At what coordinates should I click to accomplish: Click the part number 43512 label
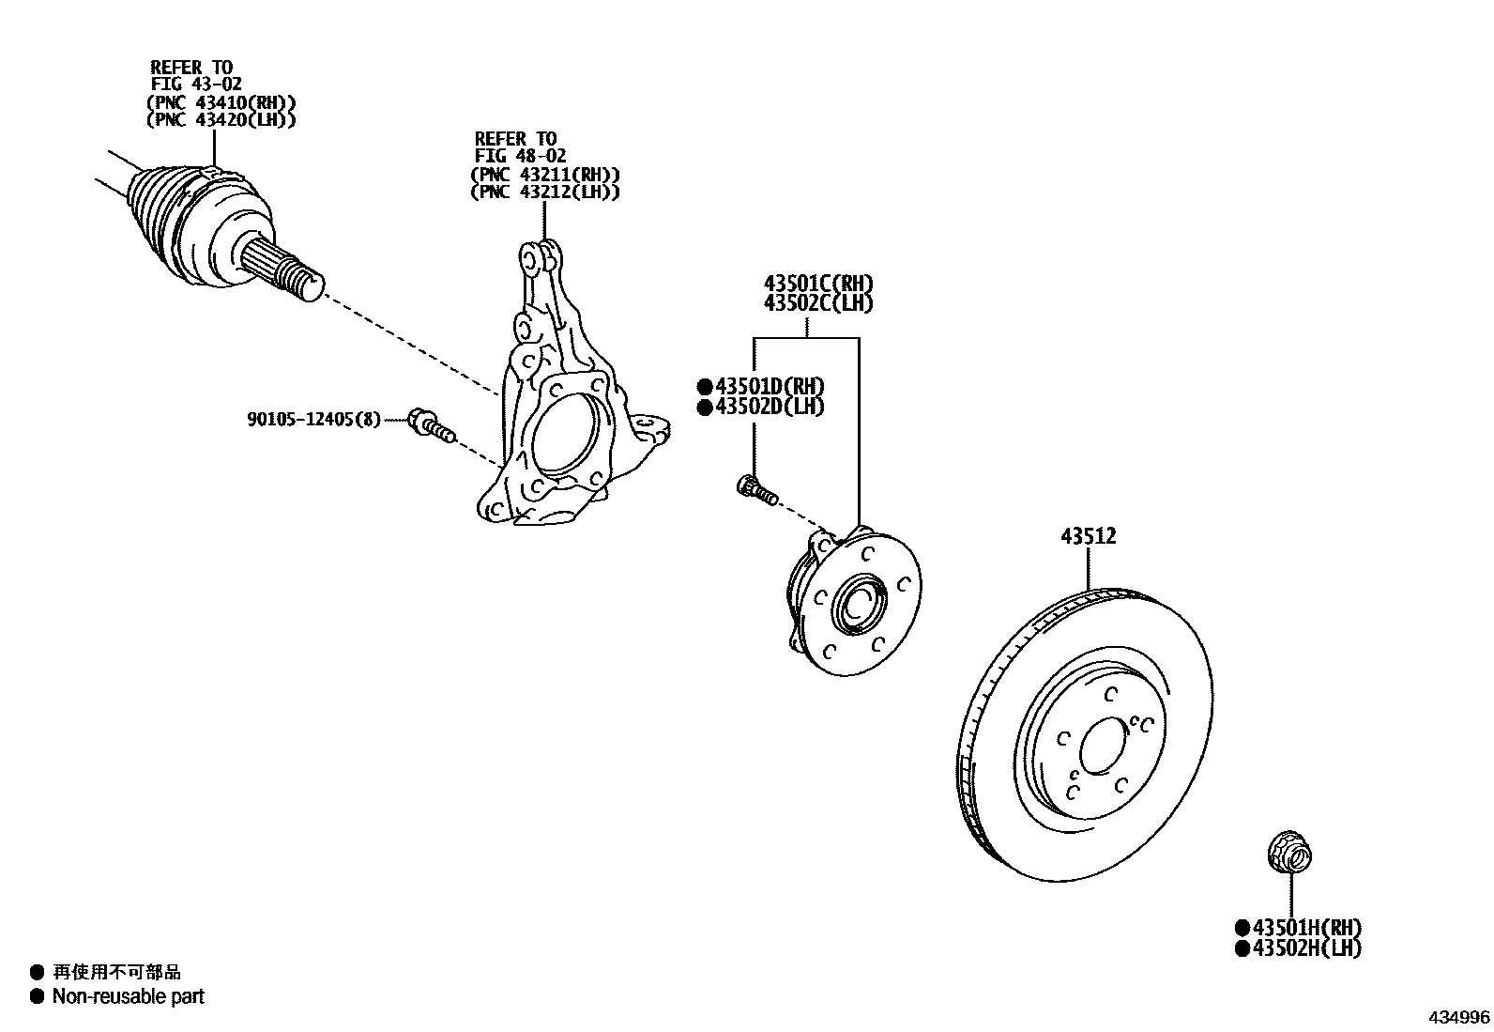tap(1089, 536)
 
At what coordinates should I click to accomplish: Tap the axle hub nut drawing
tap(1288, 854)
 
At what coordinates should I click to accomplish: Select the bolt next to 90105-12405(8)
tap(431, 424)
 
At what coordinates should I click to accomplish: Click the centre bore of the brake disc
tap(1104, 747)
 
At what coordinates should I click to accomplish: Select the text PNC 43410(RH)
tap(221, 102)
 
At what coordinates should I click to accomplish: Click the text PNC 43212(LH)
tap(544, 192)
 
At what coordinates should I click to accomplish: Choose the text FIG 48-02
tap(520, 156)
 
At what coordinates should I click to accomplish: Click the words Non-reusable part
tap(129, 996)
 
